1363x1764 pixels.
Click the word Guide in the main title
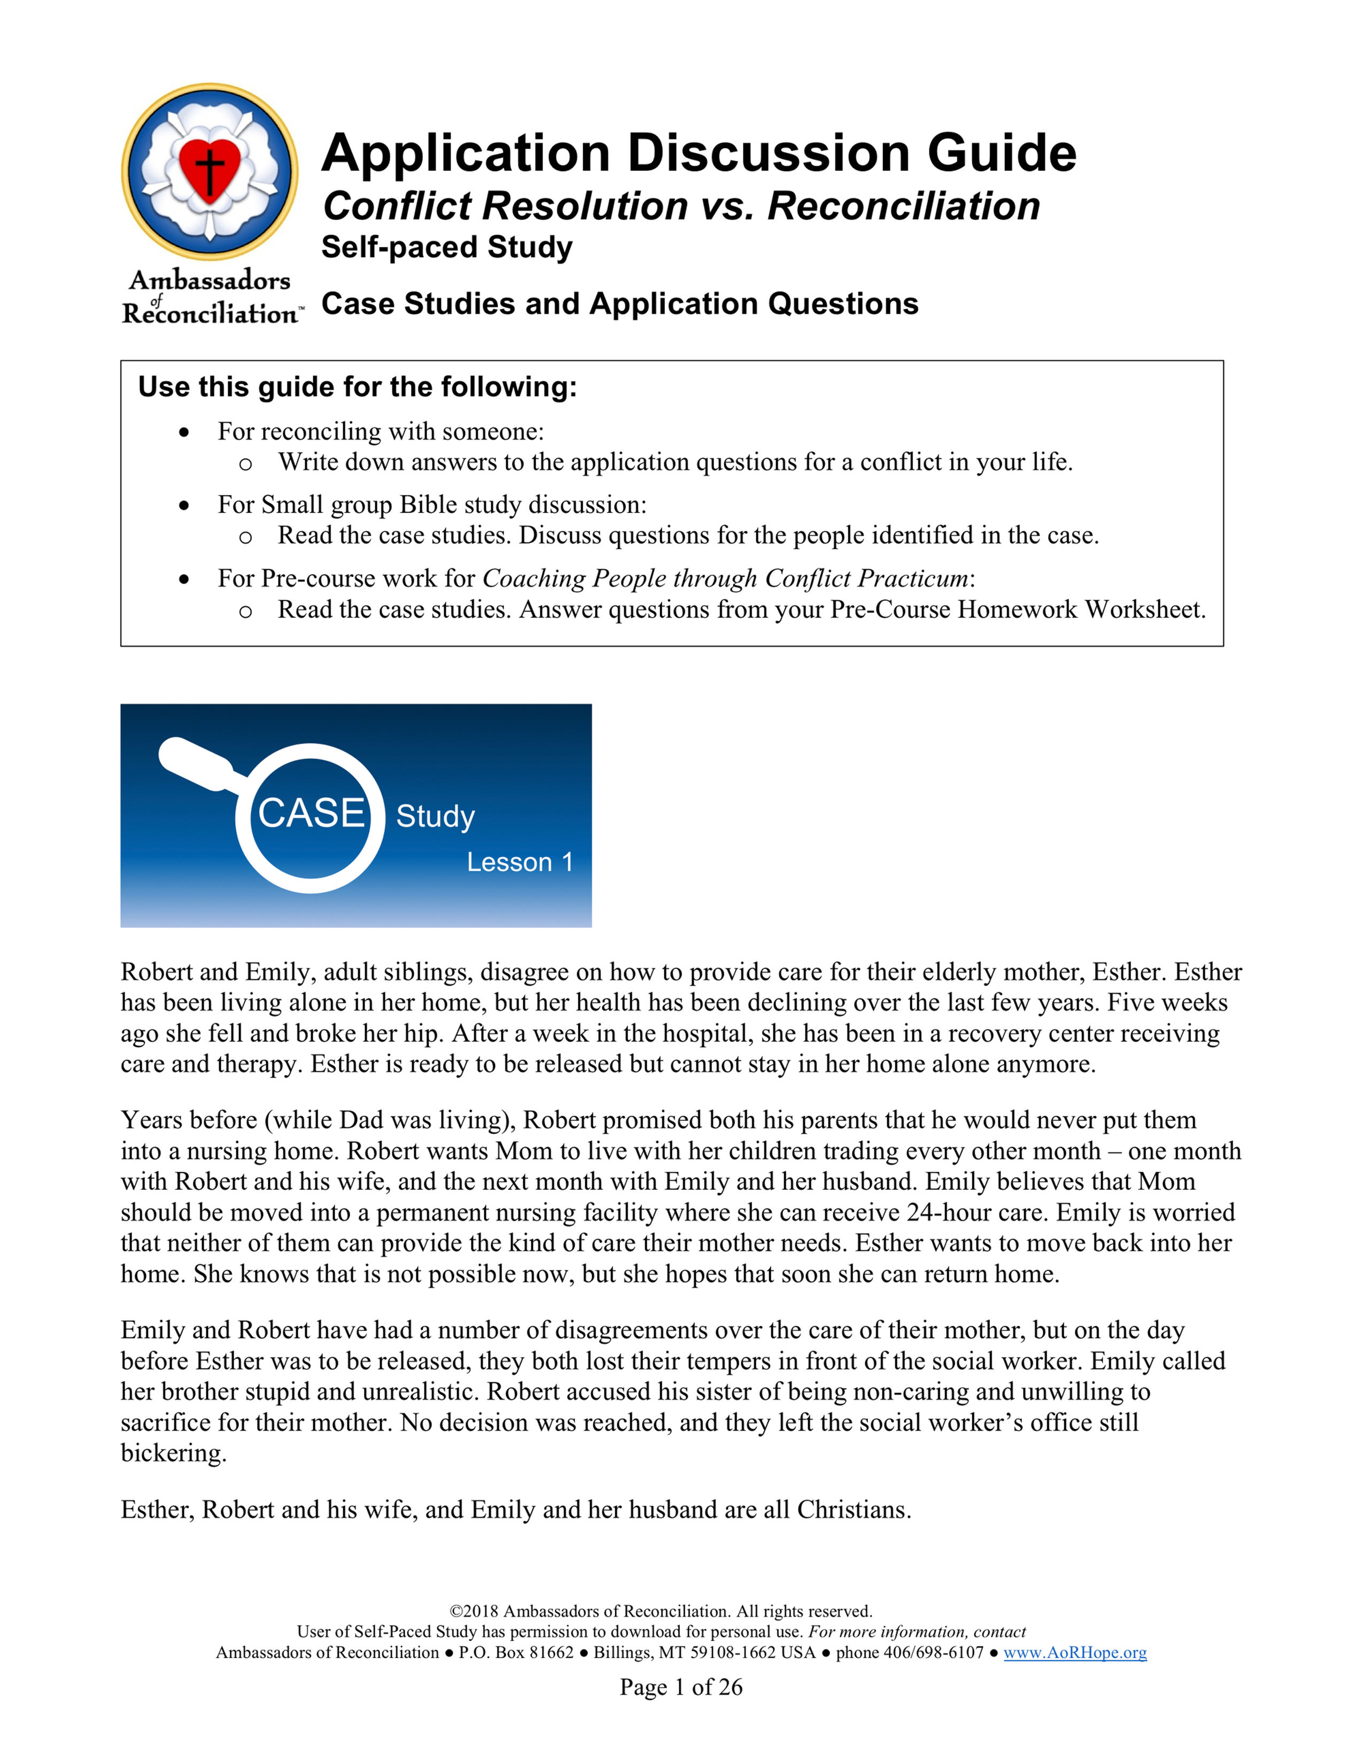pos(1001,153)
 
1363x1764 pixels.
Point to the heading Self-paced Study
pos(446,247)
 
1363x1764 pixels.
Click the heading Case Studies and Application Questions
pos(619,304)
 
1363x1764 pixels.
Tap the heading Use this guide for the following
pos(357,387)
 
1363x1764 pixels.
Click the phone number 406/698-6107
pos(933,1652)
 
